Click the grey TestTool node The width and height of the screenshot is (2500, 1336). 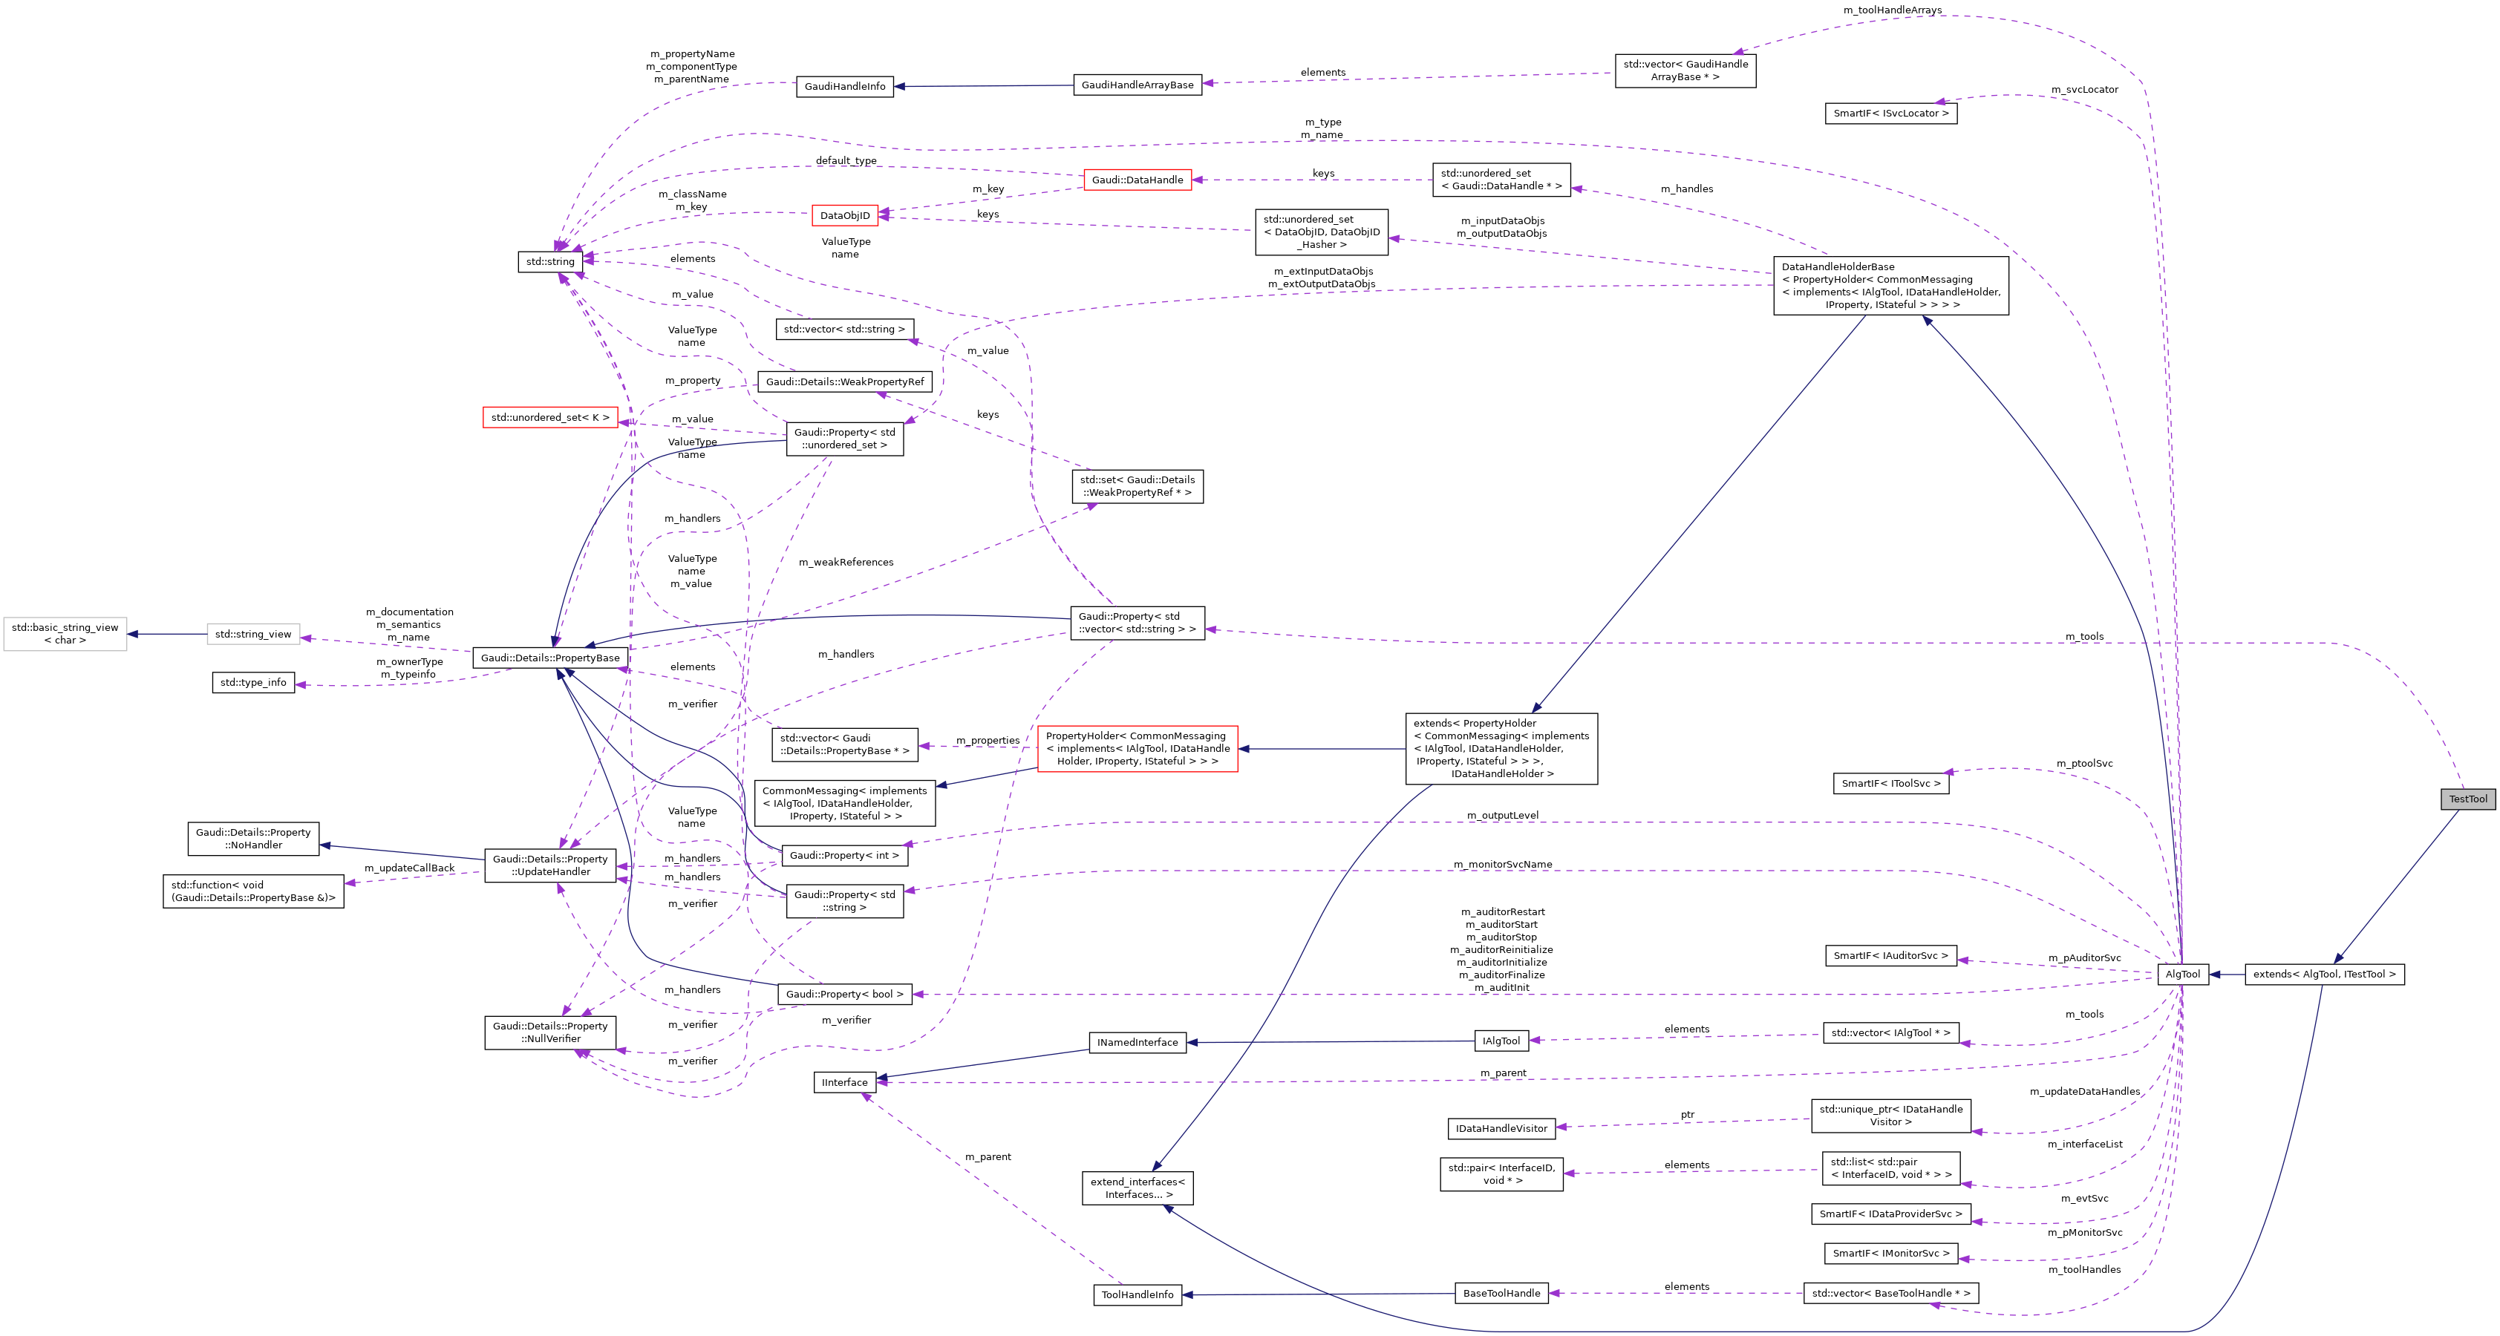[2467, 799]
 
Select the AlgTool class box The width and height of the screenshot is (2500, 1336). [2183, 974]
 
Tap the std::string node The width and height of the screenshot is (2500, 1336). [550, 261]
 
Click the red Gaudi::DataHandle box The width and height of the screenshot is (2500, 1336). [1137, 180]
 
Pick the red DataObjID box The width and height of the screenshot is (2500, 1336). [844, 215]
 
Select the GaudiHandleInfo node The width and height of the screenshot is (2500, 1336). [844, 86]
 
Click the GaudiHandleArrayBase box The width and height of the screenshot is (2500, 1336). [1137, 85]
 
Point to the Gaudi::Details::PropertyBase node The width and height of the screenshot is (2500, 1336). [550, 658]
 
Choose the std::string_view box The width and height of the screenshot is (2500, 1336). [253, 635]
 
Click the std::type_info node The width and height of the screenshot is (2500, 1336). [253, 683]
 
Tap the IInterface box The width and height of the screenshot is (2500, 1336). [844, 1083]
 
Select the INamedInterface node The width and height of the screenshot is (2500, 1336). [1137, 1043]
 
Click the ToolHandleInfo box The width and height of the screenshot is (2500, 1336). [1137, 1294]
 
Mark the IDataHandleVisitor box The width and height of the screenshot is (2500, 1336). [1501, 1128]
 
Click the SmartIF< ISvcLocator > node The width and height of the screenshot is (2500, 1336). [1890, 114]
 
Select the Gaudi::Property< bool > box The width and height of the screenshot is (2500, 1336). [844, 995]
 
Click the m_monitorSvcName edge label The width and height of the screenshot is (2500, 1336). [1502, 865]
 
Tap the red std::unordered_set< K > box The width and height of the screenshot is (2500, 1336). [550, 418]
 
